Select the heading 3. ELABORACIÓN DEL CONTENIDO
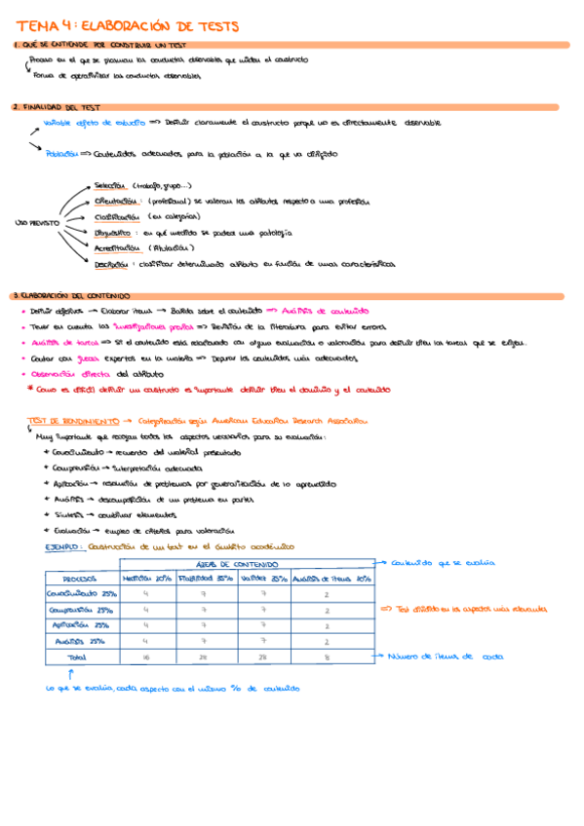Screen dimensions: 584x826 point(66,295)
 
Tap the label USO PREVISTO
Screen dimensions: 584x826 point(37,222)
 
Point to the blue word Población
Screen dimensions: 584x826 point(61,153)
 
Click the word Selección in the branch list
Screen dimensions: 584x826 point(109,185)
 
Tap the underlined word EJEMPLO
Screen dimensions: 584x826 point(64,547)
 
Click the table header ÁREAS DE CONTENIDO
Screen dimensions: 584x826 point(246,565)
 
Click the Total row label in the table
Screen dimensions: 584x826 point(76,657)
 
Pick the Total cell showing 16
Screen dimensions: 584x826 point(145,657)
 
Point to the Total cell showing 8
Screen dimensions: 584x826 point(326,657)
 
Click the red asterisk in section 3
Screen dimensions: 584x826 point(30,389)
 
